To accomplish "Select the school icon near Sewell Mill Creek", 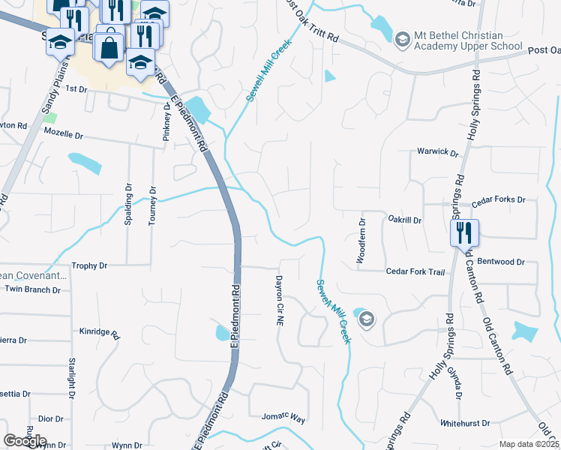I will click(x=366, y=320).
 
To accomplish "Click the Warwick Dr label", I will click(x=437, y=151).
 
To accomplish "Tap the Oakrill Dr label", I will click(x=405, y=220).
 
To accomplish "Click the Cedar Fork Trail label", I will click(x=415, y=271).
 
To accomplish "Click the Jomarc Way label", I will click(x=283, y=418).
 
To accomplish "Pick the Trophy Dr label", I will click(x=89, y=265).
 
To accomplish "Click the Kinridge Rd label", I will click(x=100, y=331).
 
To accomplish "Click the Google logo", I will click(x=25, y=441).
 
